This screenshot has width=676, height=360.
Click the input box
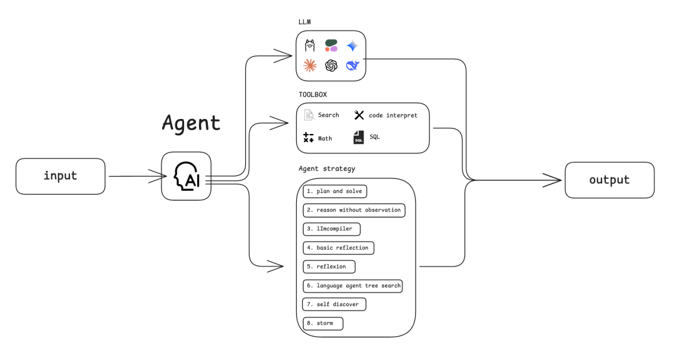pos(60,176)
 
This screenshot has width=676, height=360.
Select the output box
pos(609,180)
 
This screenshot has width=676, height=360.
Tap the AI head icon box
pos(186,176)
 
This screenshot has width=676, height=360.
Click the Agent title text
pos(191,122)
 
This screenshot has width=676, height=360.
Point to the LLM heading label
pos(305,22)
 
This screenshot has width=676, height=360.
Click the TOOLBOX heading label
pos(312,95)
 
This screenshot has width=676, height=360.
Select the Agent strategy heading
pos(327,169)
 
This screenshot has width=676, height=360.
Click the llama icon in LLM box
pos(310,45)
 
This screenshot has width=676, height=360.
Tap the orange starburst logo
pos(310,65)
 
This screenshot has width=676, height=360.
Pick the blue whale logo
pos(353,65)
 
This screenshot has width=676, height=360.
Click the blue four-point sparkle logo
pos(353,45)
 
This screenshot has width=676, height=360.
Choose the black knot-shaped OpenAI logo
pos(331,65)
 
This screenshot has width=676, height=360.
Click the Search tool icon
pos(309,115)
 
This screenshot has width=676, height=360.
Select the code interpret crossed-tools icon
pos(359,115)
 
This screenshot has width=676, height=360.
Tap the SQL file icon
pos(359,137)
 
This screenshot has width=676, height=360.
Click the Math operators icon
pos(308,138)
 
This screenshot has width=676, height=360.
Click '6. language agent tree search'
pos(352,285)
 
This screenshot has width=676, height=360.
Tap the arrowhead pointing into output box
pos(554,180)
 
